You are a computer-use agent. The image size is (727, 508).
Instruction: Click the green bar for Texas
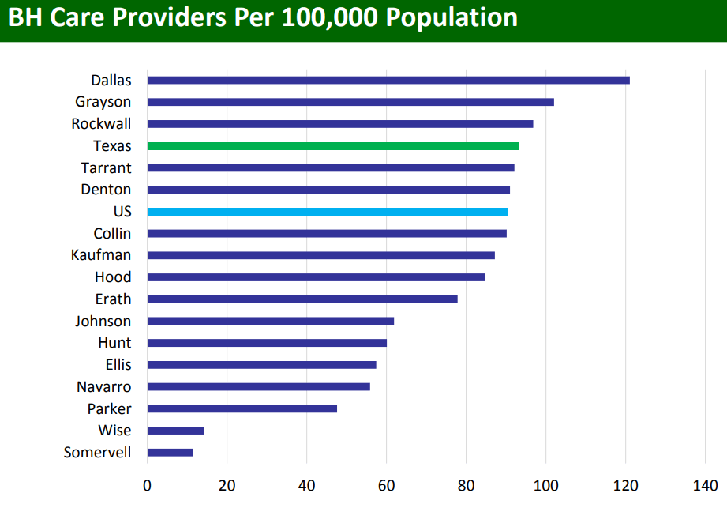pyautogui.click(x=332, y=146)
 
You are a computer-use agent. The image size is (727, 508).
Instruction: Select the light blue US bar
pyautogui.click(x=328, y=212)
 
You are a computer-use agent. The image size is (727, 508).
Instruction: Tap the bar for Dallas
pyautogui.click(x=388, y=80)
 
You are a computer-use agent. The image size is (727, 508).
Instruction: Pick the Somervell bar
pyautogui.click(x=170, y=453)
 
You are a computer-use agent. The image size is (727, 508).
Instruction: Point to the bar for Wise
pyautogui.click(x=175, y=431)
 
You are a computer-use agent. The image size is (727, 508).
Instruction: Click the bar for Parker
pyautogui.click(x=242, y=408)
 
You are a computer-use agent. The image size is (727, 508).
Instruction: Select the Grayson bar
pyautogui.click(x=350, y=102)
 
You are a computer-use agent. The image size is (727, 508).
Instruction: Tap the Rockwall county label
pyautogui.click(x=101, y=124)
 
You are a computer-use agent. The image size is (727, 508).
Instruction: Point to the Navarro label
pyautogui.click(x=103, y=387)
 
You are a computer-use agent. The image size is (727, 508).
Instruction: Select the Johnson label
pyautogui.click(x=103, y=322)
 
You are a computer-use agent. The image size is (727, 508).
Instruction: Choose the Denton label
pyautogui.click(x=106, y=190)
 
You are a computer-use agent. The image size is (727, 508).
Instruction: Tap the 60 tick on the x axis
pyautogui.click(x=387, y=484)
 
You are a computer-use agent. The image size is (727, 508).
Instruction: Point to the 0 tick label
pyautogui.click(x=147, y=484)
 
